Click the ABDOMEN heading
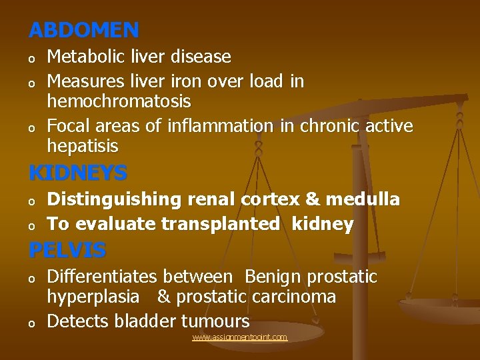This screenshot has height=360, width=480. (84, 30)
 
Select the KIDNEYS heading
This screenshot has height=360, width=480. (78, 173)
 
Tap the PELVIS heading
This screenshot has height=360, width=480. (67, 251)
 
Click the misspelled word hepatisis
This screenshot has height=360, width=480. (82, 146)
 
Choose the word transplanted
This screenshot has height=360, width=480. (220, 225)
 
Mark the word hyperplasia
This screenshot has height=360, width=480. (93, 297)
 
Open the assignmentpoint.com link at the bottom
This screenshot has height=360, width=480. (239, 337)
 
